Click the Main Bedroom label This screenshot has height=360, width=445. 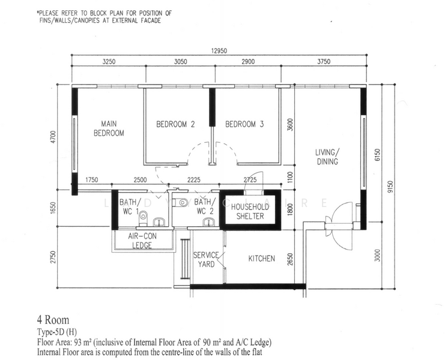pos(109,128)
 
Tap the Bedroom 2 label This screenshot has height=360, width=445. pos(175,124)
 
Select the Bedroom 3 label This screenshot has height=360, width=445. pos(244,124)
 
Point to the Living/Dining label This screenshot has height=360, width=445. pos(327,157)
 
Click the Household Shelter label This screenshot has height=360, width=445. pos(250,211)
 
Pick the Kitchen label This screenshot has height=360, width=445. pos(262,259)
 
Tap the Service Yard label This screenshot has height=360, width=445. pos(207,260)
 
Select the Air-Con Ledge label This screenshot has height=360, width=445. pos(142,241)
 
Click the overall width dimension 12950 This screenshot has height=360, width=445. pos(219,51)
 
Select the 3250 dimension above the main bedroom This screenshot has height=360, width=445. pos(109,62)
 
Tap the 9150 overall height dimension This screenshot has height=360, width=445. pos(390,187)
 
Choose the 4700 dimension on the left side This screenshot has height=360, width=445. pos(53,137)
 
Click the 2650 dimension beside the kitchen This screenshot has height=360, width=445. pos(290,259)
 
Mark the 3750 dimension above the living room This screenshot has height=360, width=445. pos(324,62)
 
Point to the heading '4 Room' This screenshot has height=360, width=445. pos(53,320)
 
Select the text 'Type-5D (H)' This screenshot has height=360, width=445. pos(57,332)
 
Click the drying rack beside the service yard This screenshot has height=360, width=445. pos(185,259)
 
